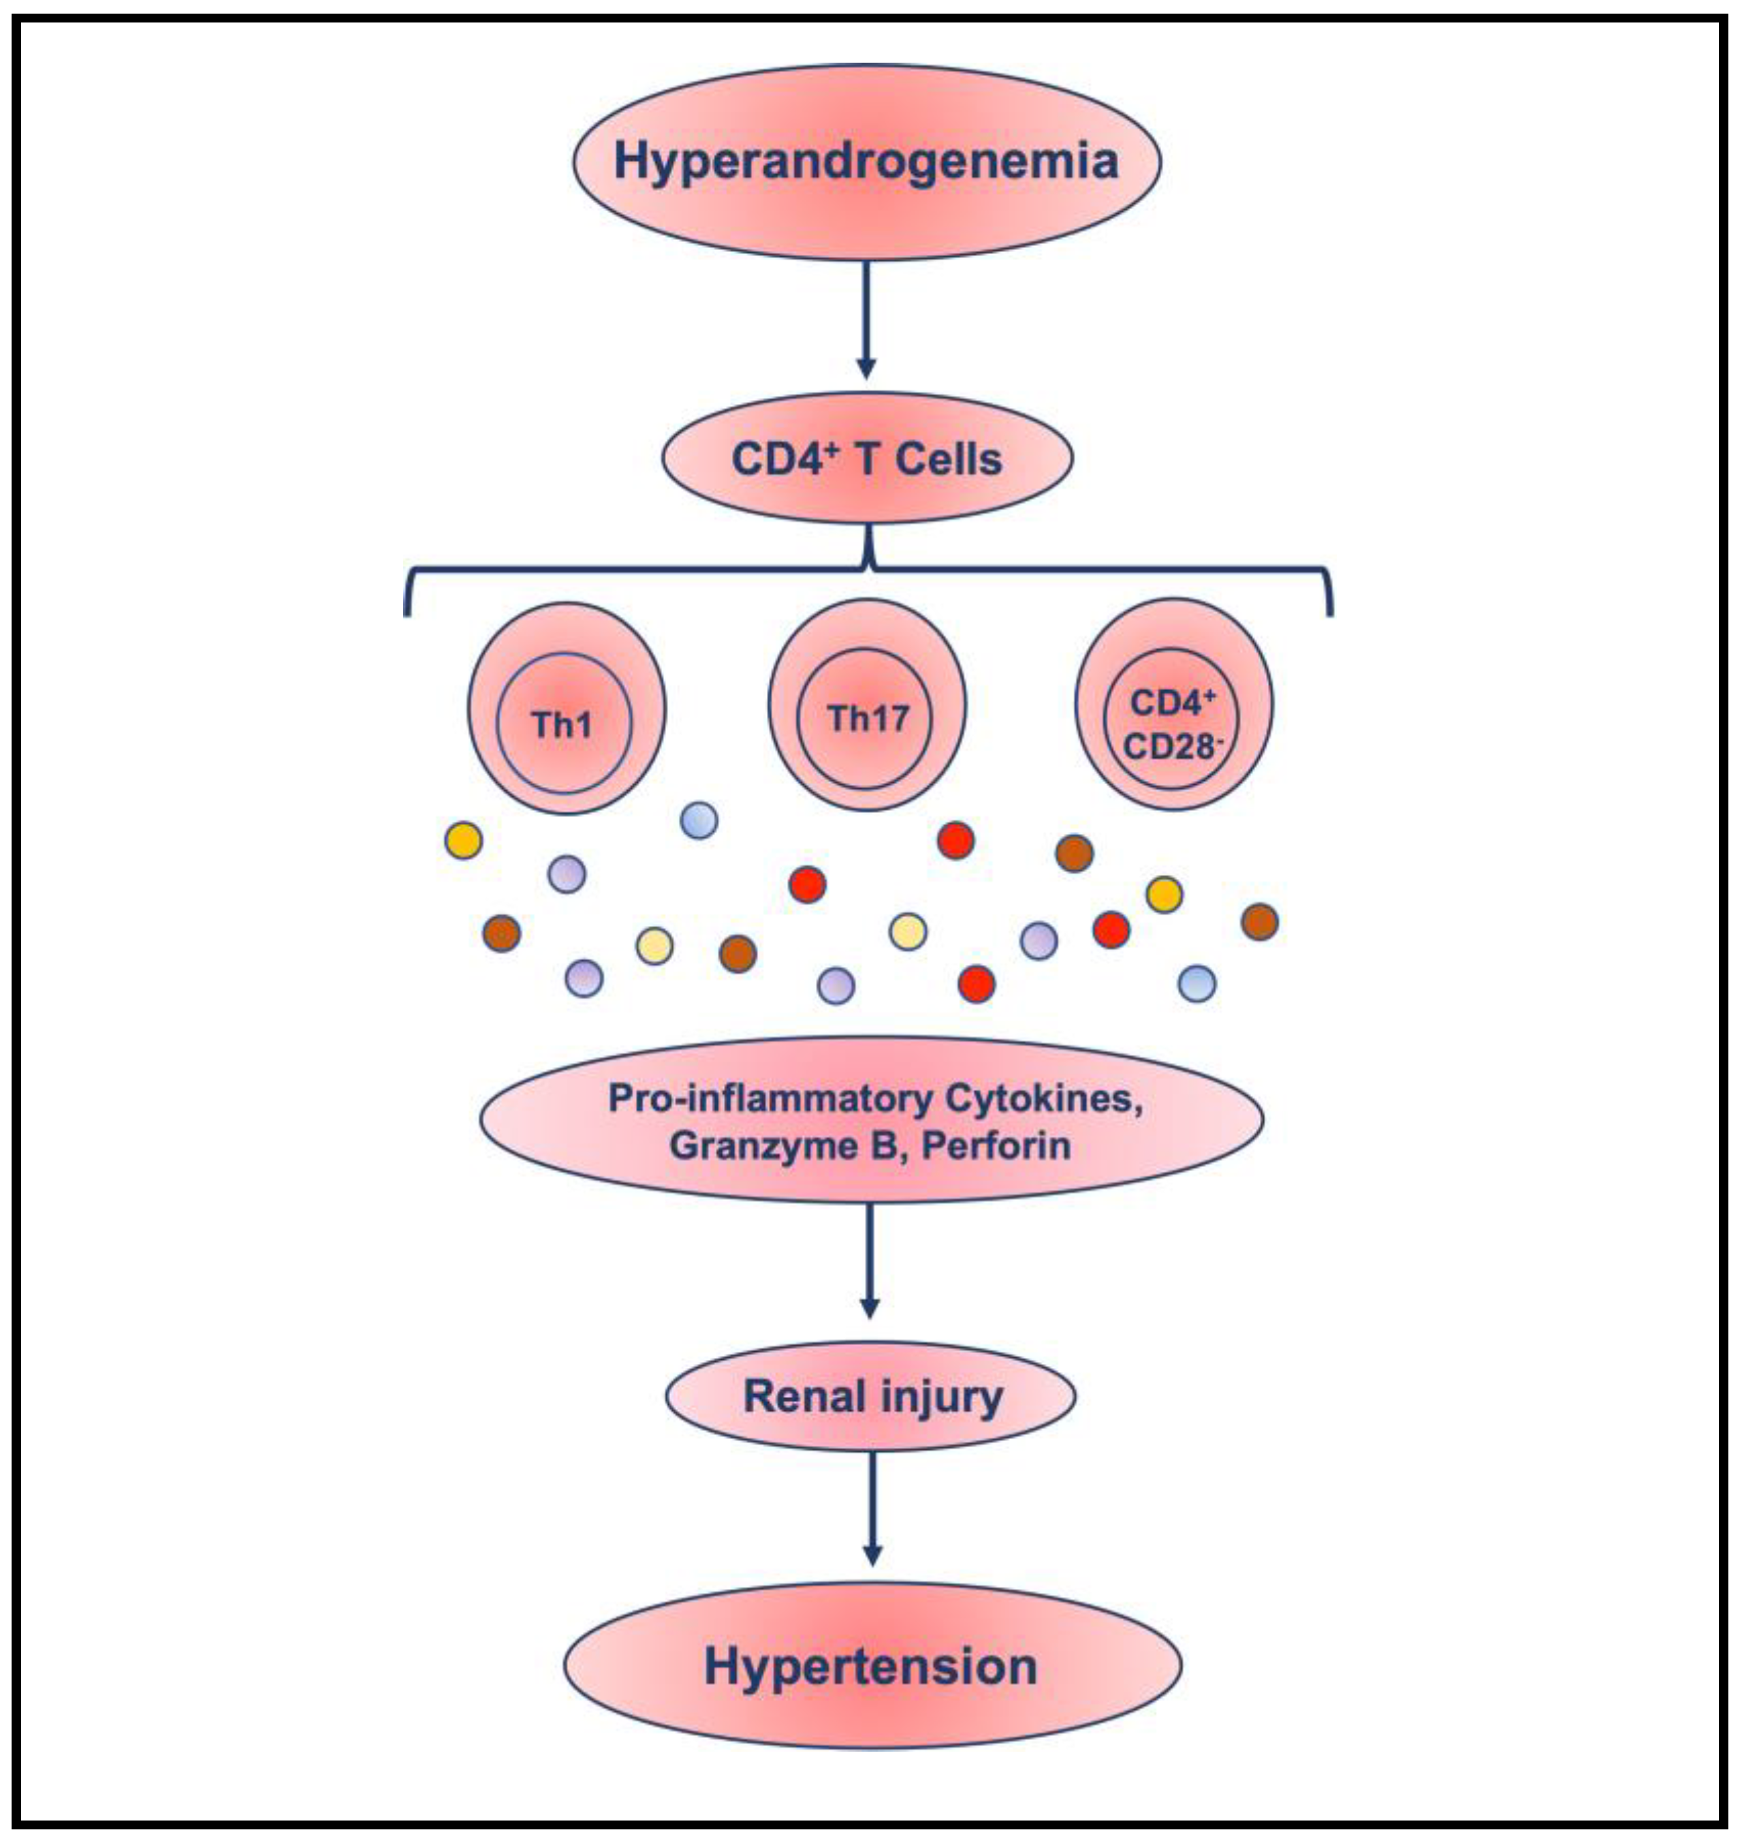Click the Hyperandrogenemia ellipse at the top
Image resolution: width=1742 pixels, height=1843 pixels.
coord(866,161)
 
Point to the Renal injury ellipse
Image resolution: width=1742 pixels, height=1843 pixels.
coord(871,1396)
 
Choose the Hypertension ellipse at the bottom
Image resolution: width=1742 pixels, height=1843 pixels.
coord(872,1667)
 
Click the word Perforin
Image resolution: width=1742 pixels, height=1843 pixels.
coord(996,1146)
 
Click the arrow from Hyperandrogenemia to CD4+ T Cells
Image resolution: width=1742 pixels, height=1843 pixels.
coord(866,320)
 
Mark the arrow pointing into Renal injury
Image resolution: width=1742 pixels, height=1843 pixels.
coord(870,1260)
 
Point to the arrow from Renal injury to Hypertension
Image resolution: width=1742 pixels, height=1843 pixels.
coord(872,1510)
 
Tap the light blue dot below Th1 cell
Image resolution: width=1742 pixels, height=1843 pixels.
coord(699,820)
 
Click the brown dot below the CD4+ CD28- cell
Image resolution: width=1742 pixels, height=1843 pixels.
coord(1075,853)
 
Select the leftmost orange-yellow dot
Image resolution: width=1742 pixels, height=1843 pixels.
coord(464,841)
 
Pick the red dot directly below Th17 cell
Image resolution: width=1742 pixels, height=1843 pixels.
coord(807,884)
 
